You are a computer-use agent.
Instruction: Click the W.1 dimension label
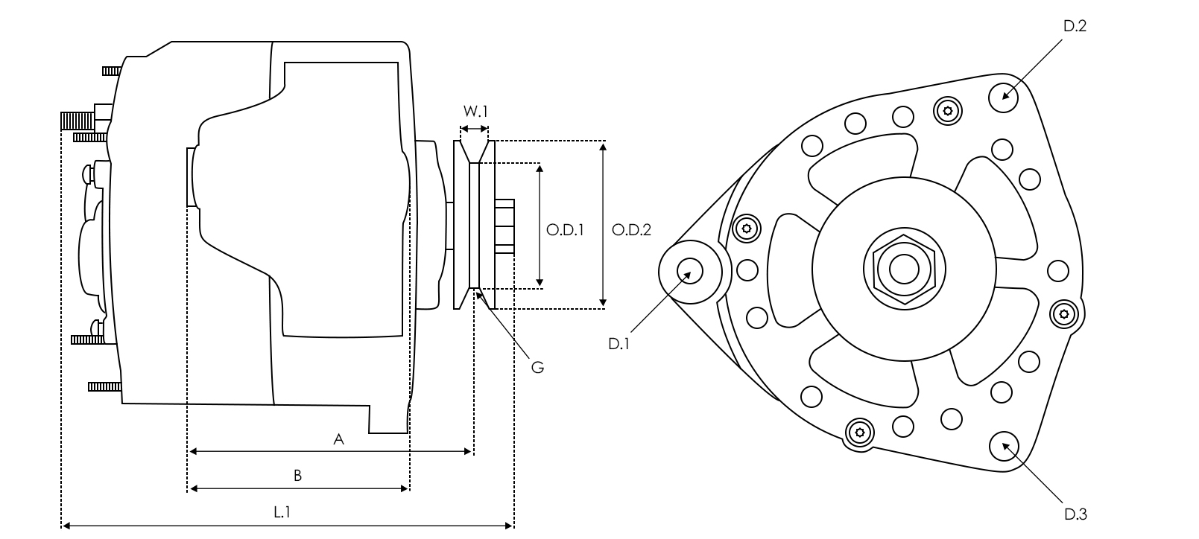pyautogui.click(x=475, y=112)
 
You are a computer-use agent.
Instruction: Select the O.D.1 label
pyautogui.click(x=564, y=230)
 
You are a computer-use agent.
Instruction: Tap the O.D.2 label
pyautogui.click(x=631, y=230)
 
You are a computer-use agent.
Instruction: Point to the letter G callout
pyautogui.click(x=537, y=367)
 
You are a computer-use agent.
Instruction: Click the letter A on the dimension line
pyautogui.click(x=338, y=440)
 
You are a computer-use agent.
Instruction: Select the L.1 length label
pyautogui.click(x=282, y=512)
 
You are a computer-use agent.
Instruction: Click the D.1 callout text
pyautogui.click(x=619, y=344)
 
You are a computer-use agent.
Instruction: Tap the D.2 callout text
pyautogui.click(x=1075, y=26)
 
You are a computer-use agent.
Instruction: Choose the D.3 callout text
pyautogui.click(x=1075, y=514)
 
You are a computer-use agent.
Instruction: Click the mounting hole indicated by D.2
pyautogui.click(x=1004, y=97)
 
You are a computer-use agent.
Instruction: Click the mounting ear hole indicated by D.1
pyautogui.click(x=689, y=271)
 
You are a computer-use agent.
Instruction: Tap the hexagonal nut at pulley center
pyautogui.click(x=903, y=269)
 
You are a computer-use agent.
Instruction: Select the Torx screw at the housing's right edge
pyautogui.click(x=1063, y=314)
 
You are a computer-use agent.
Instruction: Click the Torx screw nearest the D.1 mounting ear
pyautogui.click(x=746, y=229)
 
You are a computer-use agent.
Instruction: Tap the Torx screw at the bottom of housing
pyautogui.click(x=859, y=432)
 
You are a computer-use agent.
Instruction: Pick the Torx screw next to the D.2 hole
pyautogui.click(x=947, y=112)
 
